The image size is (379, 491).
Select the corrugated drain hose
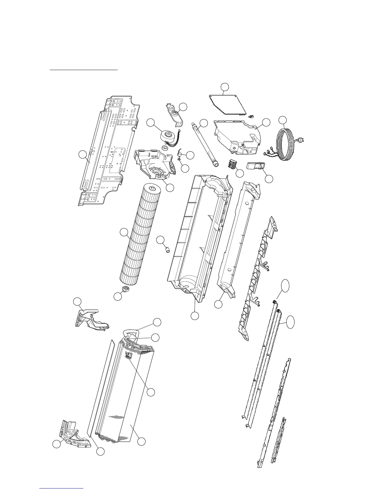(x=205, y=144)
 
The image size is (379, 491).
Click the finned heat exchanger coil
(x=124, y=391)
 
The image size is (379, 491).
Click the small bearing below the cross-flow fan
(x=126, y=290)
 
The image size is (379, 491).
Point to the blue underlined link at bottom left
(x=62, y=488)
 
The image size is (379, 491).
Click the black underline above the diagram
(x=84, y=70)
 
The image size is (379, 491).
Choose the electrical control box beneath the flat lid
(x=237, y=136)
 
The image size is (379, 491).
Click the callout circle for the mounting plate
(x=82, y=154)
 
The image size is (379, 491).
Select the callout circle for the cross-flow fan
(x=124, y=232)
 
